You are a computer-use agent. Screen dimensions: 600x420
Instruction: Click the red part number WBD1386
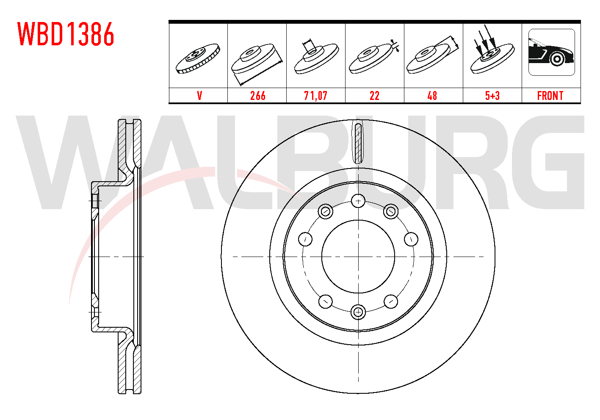[x=66, y=34]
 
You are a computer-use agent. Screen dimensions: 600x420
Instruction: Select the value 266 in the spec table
[x=258, y=96]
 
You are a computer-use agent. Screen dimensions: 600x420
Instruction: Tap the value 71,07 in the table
[x=316, y=96]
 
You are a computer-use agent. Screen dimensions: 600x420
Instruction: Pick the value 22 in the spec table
[x=374, y=96]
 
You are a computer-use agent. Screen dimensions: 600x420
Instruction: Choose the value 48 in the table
[x=432, y=96]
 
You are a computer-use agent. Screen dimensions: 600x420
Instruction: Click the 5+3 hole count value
[x=492, y=96]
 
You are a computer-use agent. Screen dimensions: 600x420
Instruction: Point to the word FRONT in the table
[x=550, y=96]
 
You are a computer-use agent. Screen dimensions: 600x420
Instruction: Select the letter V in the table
[x=199, y=96]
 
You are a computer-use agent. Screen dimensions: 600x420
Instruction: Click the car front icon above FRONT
[x=552, y=52]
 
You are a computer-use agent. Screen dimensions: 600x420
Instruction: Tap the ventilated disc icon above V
[x=198, y=58]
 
